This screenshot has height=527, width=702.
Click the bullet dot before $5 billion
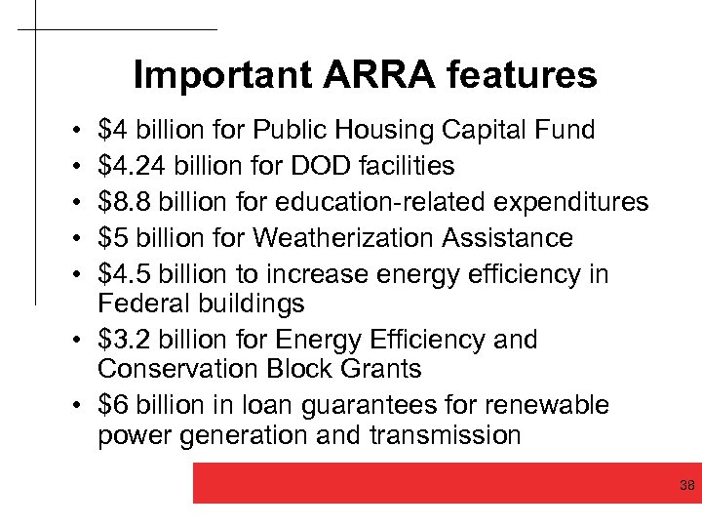coord(75,239)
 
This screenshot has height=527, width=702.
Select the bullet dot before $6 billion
coord(75,406)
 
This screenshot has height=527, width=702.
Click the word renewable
coord(545,405)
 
